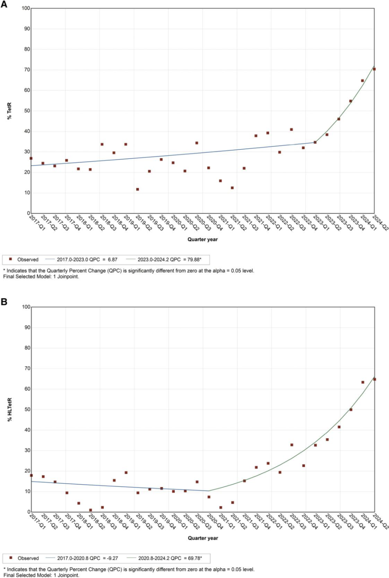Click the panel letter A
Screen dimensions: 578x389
4,4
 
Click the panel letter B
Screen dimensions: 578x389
4,302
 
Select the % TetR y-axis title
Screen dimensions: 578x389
9,111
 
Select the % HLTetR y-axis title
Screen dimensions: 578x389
10,409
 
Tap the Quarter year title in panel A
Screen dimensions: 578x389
203,240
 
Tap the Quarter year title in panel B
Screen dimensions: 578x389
203,538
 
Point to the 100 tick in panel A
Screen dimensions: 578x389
26,8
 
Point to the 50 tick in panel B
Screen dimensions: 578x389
27,409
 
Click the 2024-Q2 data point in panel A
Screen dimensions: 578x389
374,69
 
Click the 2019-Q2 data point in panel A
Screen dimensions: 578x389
137,189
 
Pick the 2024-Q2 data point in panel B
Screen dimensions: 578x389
374,379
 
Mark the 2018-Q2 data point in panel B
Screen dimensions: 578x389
90,510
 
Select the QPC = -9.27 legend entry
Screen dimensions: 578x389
88,558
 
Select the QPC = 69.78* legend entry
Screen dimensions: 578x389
170,558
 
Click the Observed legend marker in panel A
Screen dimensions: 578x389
11,259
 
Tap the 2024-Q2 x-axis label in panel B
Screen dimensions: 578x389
380,521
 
